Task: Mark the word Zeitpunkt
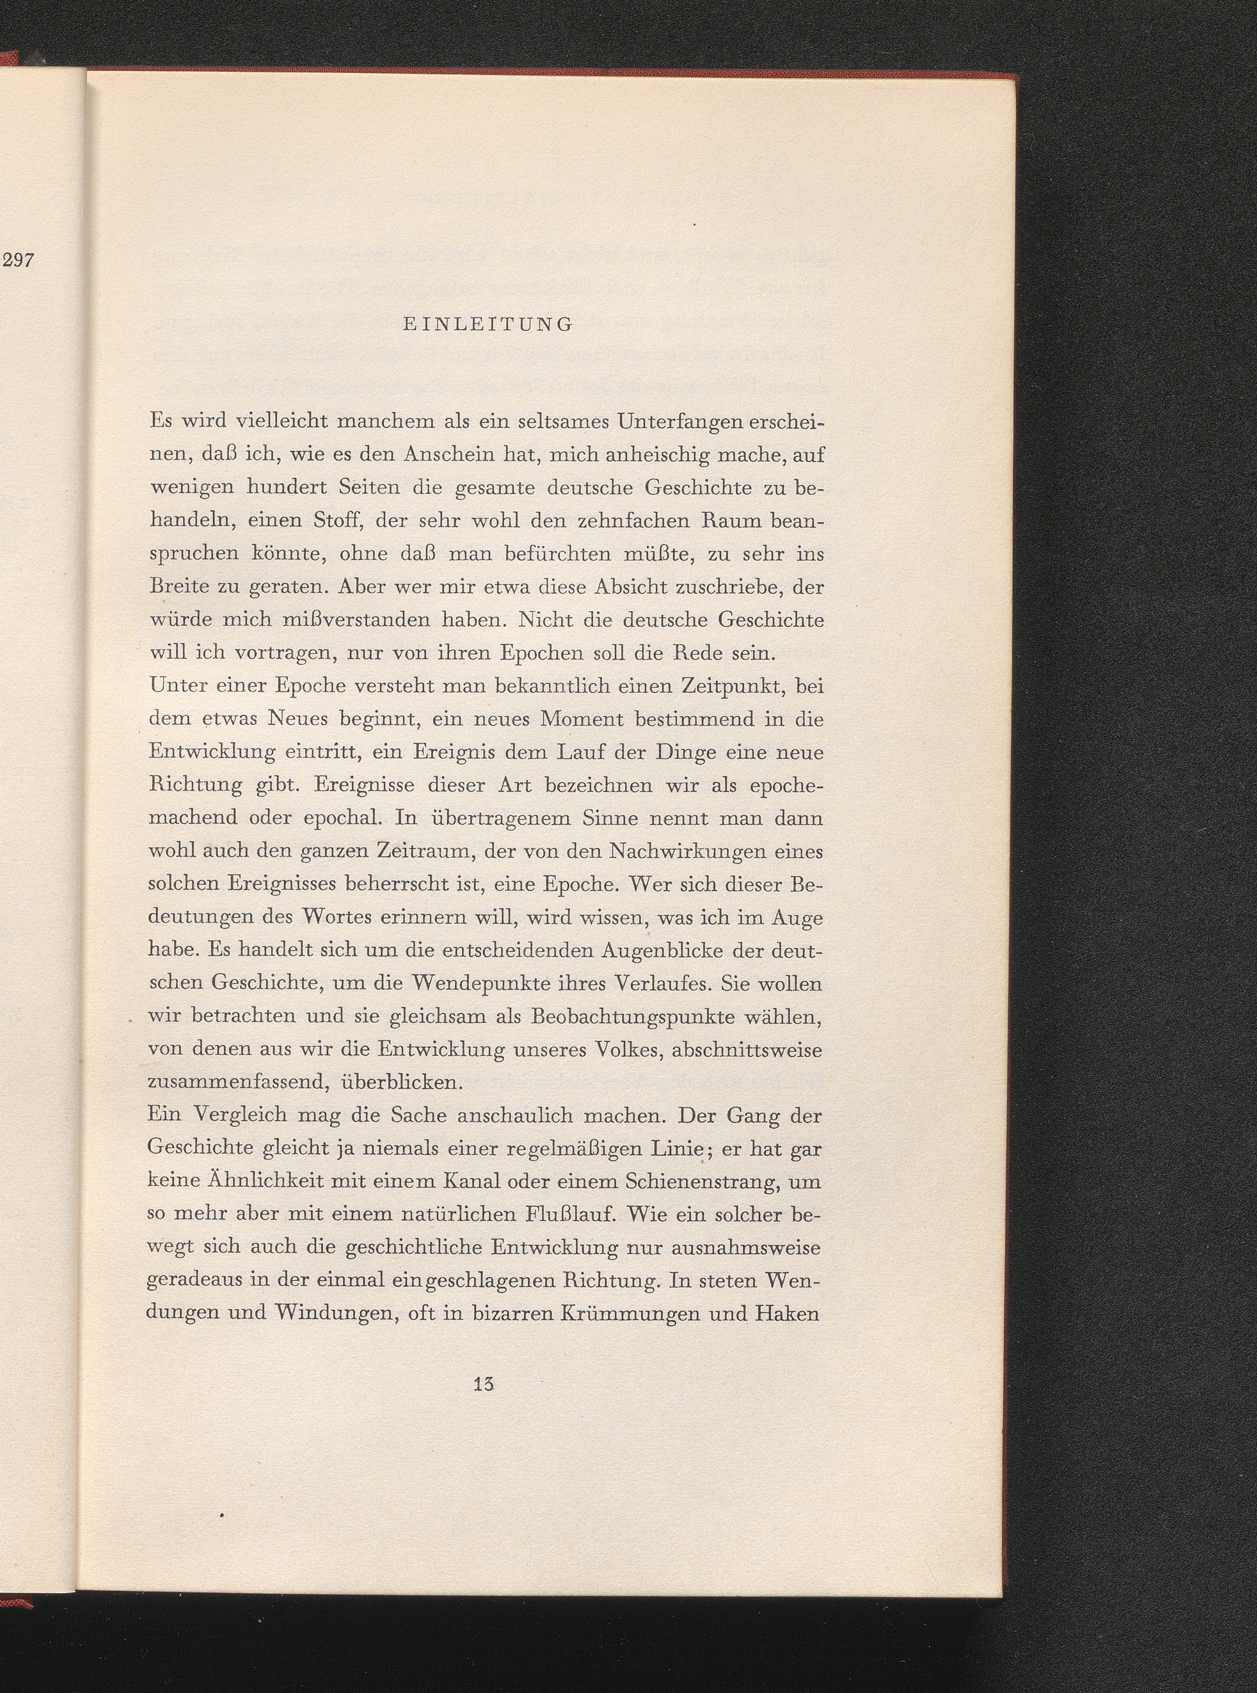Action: pos(724,685)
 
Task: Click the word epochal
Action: pos(342,819)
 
